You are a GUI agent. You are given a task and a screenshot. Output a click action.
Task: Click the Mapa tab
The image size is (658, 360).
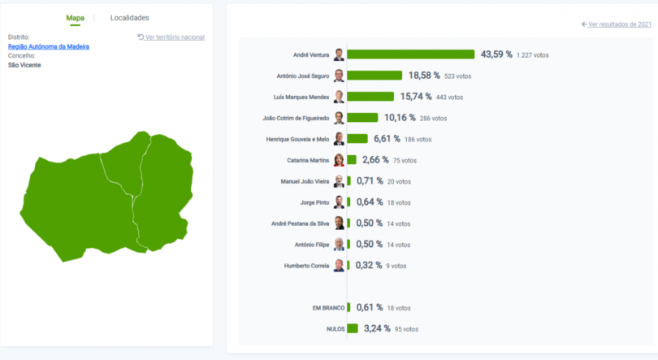76,18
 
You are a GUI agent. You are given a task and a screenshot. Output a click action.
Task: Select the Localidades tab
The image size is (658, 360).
130,18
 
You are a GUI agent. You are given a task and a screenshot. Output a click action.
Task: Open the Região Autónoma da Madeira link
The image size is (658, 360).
49,46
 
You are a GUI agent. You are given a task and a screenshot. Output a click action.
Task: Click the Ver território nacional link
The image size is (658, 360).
171,37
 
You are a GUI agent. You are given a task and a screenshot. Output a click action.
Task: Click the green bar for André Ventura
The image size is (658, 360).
410,54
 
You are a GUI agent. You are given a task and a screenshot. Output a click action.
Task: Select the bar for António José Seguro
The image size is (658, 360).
374,76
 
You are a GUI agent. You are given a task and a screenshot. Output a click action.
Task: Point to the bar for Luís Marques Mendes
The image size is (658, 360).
370,97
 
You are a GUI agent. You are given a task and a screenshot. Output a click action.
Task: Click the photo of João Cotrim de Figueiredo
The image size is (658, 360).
339,118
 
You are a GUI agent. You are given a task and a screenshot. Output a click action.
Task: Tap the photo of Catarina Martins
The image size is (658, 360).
339,160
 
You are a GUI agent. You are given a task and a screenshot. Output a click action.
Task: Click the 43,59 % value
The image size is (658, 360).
496,54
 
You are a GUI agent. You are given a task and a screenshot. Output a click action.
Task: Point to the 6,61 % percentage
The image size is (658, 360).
387,139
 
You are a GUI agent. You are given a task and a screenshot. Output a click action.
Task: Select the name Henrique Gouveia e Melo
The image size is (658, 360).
297,139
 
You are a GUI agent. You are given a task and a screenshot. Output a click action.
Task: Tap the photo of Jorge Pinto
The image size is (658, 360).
339,202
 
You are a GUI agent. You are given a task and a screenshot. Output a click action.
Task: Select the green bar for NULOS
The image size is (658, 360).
353,328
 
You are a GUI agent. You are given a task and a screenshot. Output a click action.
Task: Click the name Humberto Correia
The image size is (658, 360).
306,266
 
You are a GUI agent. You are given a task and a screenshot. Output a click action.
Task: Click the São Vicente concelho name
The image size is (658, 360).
24,64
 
